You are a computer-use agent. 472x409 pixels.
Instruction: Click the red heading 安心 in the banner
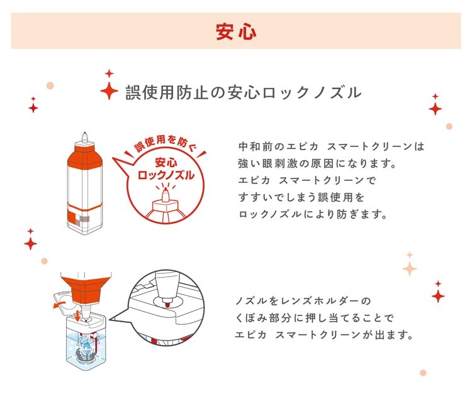point(236,31)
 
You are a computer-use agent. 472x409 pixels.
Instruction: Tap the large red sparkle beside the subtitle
point(109,90)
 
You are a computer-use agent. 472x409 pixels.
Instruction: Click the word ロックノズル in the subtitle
point(312,92)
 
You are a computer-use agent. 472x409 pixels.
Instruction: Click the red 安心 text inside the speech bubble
point(166,163)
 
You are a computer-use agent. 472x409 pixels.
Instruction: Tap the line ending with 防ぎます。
point(312,214)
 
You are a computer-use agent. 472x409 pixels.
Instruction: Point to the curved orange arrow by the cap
point(57,305)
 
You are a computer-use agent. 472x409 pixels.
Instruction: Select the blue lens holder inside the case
point(85,348)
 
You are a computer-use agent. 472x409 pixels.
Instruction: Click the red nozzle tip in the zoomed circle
point(167,305)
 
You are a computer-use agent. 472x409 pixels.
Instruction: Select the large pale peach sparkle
point(410,268)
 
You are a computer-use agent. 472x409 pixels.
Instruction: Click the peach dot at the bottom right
point(423,373)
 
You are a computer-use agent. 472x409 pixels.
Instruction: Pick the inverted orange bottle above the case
point(86,290)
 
